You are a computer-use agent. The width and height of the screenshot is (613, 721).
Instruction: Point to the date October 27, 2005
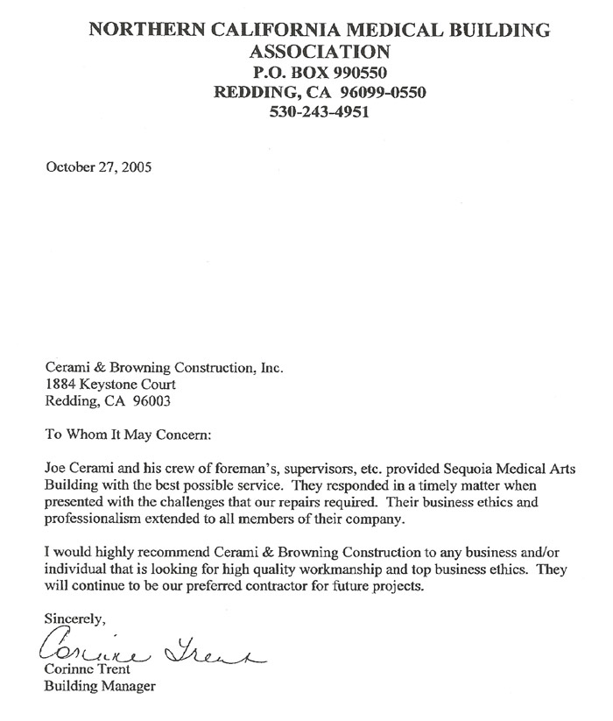click(x=98, y=167)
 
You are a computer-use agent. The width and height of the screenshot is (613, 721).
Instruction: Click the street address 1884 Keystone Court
click(x=109, y=384)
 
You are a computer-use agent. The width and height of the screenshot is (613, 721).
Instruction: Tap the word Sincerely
click(x=74, y=619)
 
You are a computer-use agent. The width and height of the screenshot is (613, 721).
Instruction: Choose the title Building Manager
click(x=99, y=687)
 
